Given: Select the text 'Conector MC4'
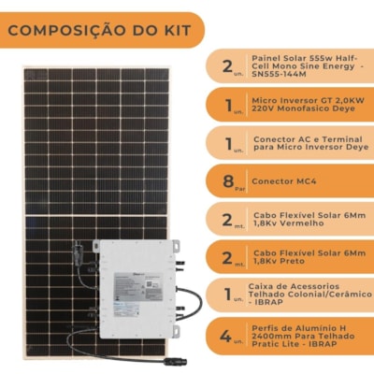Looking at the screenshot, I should [x=283, y=179].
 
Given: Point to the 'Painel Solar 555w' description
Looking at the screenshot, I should [x=304, y=66].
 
